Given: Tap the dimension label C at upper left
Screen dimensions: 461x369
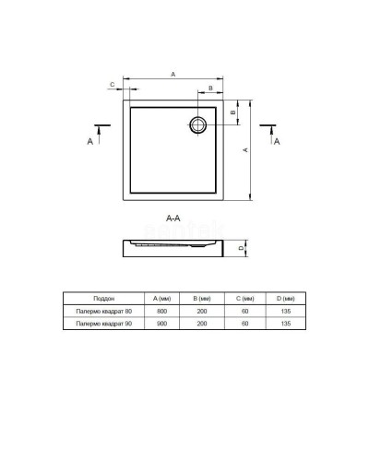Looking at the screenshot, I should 112,84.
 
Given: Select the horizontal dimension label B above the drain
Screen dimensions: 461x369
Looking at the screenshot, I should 210,89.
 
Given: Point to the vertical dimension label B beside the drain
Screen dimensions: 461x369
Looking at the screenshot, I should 233,113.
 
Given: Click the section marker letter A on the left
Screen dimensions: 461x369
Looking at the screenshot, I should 89,141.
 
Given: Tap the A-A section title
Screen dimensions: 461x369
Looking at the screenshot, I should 172,219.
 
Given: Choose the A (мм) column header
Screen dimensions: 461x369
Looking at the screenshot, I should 162,300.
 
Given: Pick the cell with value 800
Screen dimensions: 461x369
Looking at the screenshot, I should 162,313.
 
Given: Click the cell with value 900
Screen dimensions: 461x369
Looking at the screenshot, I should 162,325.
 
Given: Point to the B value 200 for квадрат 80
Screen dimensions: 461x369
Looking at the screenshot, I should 204,313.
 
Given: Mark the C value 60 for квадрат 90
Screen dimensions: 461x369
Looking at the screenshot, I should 244,325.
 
